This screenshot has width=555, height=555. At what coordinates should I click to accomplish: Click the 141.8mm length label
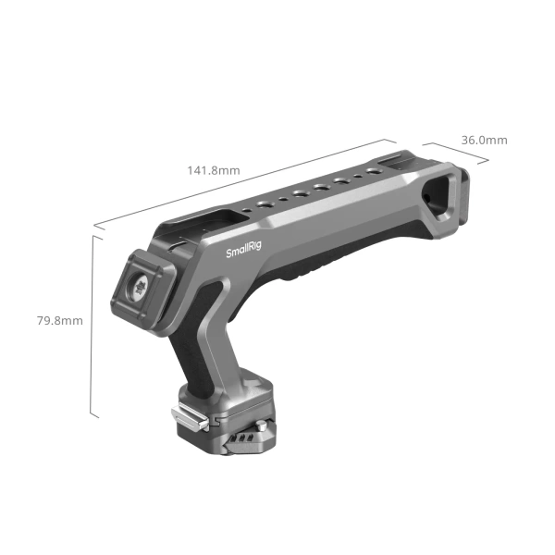point(214,170)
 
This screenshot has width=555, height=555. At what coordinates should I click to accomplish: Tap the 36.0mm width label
point(485,140)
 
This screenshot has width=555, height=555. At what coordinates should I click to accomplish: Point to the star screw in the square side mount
point(143,288)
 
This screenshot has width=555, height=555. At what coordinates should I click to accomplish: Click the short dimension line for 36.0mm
point(457,154)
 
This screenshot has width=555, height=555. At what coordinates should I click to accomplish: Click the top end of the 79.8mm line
point(94,236)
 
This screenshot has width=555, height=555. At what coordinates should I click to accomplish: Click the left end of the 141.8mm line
point(94,225)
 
